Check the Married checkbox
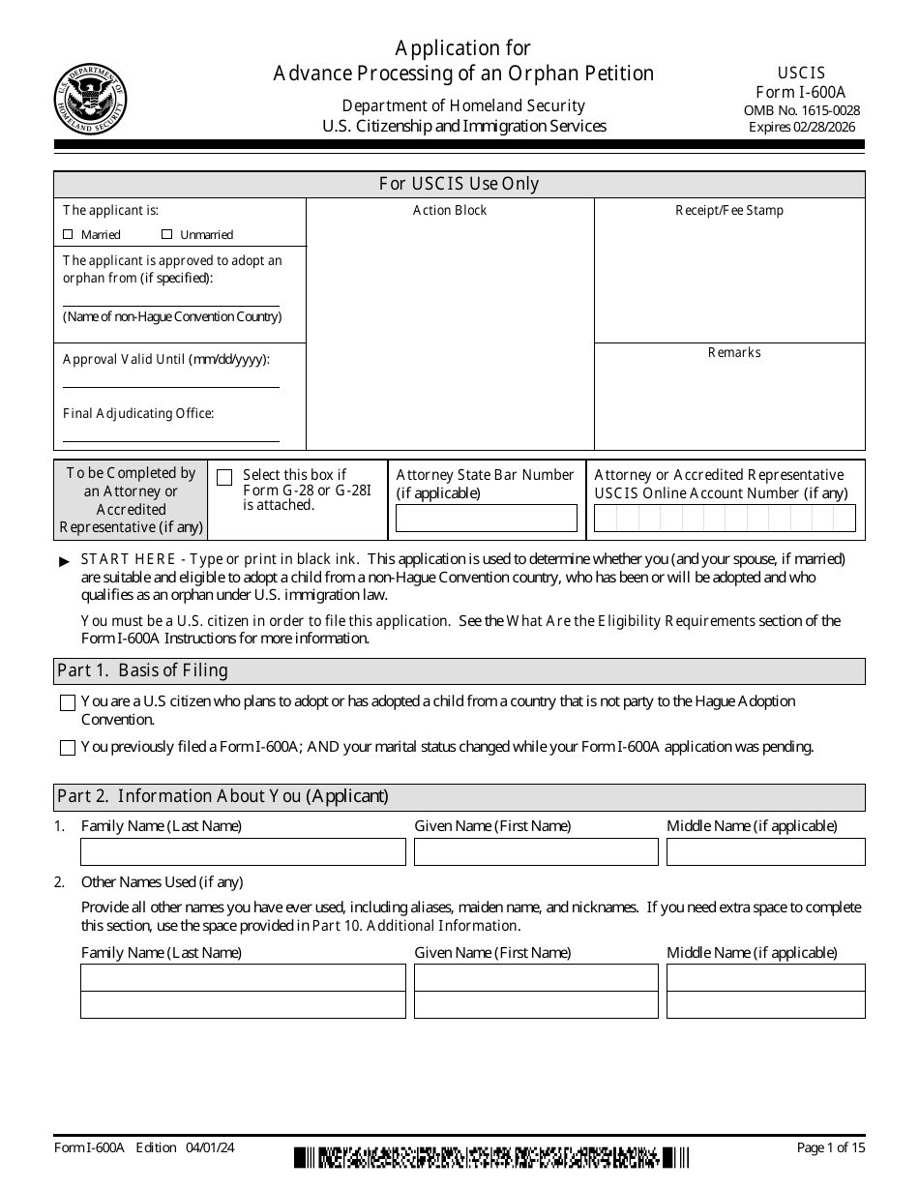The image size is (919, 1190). point(68,234)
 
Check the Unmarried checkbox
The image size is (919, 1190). point(166,234)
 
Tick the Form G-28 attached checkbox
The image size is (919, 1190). point(224,477)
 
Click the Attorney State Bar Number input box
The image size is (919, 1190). point(487,519)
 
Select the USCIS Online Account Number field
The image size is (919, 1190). point(725,519)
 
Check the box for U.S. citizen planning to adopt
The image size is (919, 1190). point(68,703)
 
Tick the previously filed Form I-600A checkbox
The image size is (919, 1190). point(68,748)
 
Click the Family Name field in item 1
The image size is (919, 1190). point(243,851)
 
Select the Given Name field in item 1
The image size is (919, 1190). point(536,851)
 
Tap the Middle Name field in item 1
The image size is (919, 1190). point(765,851)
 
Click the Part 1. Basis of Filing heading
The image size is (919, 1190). point(142,670)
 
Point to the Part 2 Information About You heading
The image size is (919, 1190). point(222,796)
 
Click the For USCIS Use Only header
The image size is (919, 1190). point(459,184)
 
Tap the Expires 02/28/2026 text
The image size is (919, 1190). point(802,127)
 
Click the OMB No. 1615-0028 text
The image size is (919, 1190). point(802,110)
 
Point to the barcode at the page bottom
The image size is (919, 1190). point(491,1156)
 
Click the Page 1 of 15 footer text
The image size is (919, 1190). point(830,1147)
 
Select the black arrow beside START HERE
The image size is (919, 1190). point(65,562)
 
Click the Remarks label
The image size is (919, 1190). point(734,352)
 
